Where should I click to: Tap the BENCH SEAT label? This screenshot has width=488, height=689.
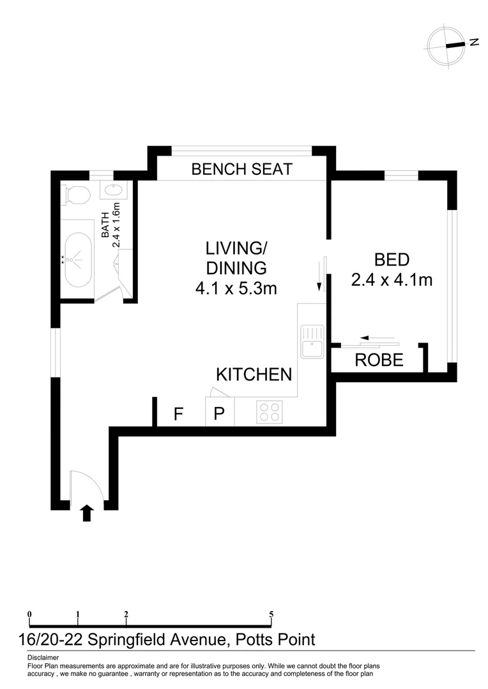point(241,169)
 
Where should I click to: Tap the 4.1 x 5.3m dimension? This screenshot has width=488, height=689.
point(236,288)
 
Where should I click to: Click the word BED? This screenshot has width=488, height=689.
point(392,260)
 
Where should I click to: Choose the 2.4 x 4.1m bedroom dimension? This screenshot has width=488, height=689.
point(392,279)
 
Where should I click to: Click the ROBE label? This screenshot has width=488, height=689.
point(379,360)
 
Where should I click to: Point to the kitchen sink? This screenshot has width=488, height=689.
point(312,341)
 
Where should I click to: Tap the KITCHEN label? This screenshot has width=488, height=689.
point(254,374)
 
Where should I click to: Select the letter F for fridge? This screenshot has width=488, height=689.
point(179,415)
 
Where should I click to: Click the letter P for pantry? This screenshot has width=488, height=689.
point(219,415)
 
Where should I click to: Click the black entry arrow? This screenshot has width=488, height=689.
point(87,513)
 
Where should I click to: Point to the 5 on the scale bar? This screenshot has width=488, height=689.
point(271,615)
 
